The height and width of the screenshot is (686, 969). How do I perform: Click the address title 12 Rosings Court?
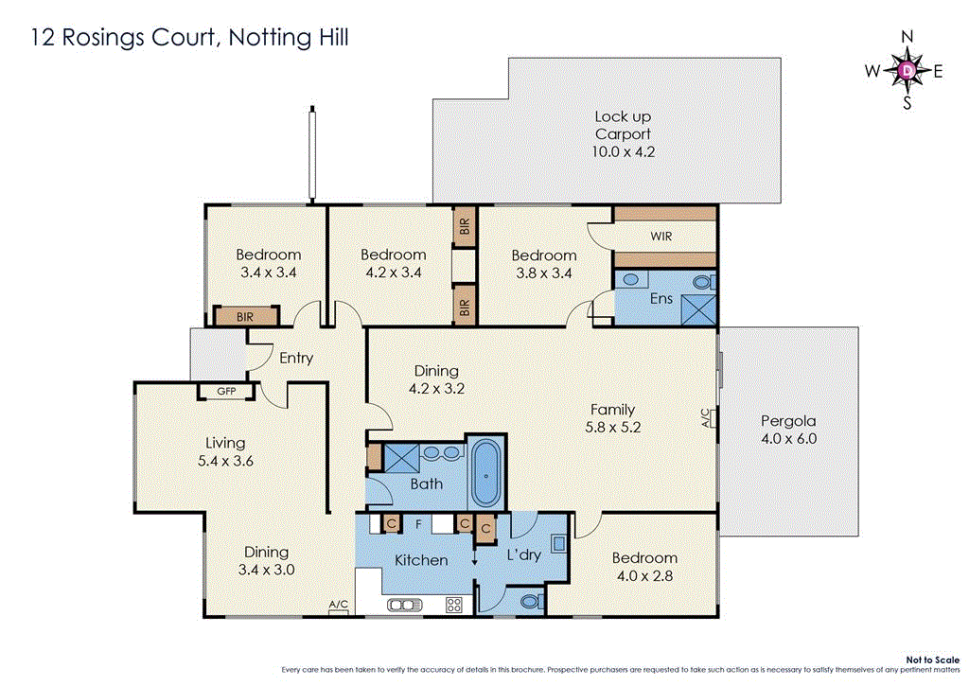click(x=190, y=38)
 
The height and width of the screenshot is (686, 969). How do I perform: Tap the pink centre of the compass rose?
click(x=907, y=70)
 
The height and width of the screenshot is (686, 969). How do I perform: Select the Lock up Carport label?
click(x=623, y=133)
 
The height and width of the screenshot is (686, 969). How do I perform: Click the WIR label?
click(x=661, y=237)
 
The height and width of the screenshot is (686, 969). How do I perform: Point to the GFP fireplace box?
click(x=226, y=391)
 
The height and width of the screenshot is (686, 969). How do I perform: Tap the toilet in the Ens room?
click(x=701, y=282)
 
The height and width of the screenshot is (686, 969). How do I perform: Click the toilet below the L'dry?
click(x=530, y=600)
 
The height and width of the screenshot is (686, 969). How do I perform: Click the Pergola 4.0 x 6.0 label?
click(x=788, y=430)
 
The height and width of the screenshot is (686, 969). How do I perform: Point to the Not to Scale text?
click(x=931, y=659)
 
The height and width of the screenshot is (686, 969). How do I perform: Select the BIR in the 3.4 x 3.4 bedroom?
click(x=244, y=317)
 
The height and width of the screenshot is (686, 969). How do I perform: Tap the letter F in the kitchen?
click(x=417, y=522)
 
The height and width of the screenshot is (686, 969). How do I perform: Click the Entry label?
click(x=295, y=359)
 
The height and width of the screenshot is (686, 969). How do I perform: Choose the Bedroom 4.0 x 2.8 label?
click(x=643, y=566)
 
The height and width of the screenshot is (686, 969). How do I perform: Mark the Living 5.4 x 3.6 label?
click(x=225, y=451)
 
